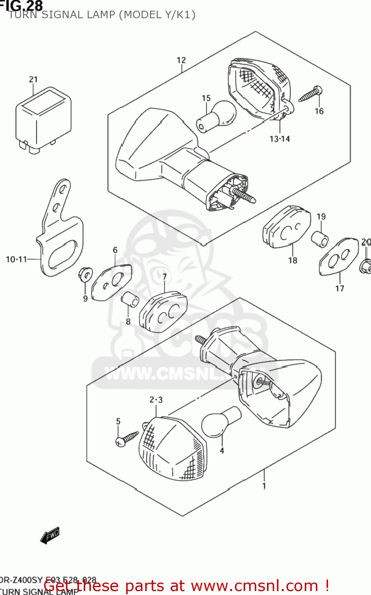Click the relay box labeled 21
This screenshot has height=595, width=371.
tap(43, 119)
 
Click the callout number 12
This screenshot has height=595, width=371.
tap(181, 60)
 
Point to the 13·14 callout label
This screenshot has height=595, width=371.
tap(279, 139)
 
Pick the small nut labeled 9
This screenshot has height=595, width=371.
tap(85, 274)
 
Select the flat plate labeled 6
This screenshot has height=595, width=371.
tap(111, 282)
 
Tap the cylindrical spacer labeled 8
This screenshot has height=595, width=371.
tap(130, 300)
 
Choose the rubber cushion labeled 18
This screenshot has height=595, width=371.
tap(287, 227)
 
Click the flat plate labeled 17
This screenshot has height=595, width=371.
tap(338, 256)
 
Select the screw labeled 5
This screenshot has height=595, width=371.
tap(127, 439)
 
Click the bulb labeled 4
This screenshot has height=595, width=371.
tap(221, 422)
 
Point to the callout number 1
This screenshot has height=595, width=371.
tap(264, 486)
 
